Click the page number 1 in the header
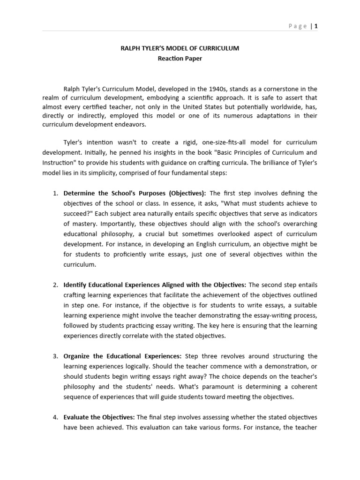tap(316, 26)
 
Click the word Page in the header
tap(298, 26)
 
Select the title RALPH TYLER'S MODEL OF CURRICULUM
tap(180, 48)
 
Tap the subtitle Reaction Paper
tap(180, 59)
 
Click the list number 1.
tap(55, 193)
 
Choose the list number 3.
tap(55, 356)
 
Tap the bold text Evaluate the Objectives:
tap(99, 417)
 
